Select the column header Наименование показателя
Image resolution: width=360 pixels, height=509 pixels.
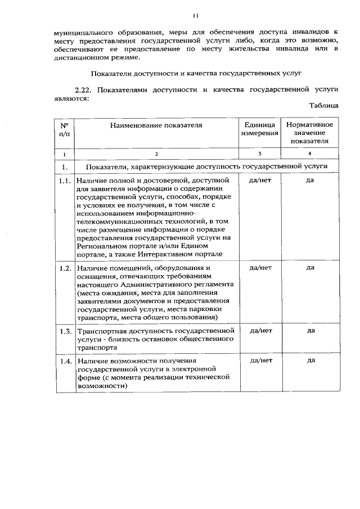(156, 125)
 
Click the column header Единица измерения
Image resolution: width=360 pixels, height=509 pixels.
(260, 129)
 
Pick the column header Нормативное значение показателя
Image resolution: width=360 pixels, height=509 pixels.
(309, 133)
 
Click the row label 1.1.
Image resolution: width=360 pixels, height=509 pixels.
(65, 181)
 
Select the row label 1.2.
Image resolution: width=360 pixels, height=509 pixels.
(65, 268)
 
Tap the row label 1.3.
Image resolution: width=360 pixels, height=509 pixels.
(65, 330)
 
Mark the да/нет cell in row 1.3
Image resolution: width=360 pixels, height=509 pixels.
(260, 330)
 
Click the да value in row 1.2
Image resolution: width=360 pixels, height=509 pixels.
(310, 268)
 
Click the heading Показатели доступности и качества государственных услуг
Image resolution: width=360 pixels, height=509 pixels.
(197, 73)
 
